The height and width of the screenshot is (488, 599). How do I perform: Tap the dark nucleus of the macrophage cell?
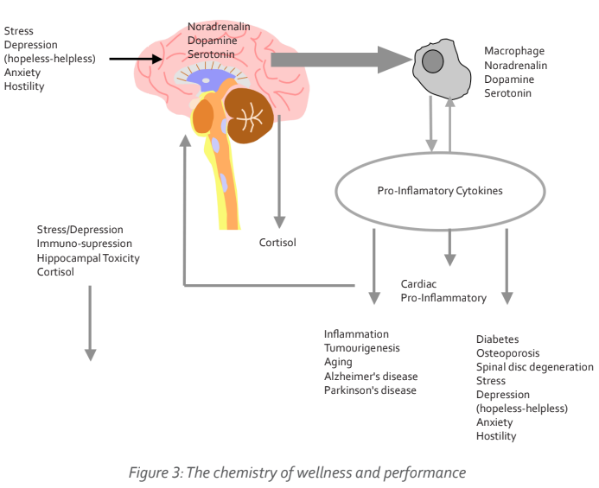433,62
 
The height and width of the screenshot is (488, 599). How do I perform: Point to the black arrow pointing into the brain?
136,59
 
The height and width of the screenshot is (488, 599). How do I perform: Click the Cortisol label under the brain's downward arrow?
277,243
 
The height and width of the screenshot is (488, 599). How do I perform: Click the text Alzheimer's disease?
371,376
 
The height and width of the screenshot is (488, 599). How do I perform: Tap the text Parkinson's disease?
370,390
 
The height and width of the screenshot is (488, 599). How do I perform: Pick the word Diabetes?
498,339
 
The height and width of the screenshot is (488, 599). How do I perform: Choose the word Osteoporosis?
507,353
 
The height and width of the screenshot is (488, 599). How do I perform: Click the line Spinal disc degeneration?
534,367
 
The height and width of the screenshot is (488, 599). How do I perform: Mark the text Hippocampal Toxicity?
87,257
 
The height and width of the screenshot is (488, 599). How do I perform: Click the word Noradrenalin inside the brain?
219,27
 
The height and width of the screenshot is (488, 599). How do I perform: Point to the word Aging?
337,362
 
